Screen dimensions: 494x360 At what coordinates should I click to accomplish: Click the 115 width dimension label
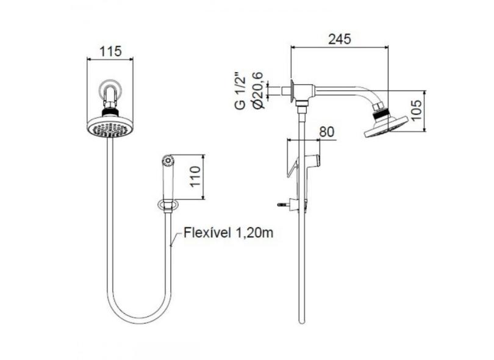click(x=110, y=51)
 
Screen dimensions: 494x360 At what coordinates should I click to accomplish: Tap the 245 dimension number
click(x=339, y=39)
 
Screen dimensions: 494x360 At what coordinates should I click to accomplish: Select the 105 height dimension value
click(x=416, y=110)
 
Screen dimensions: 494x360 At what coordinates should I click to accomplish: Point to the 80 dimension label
click(x=326, y=132)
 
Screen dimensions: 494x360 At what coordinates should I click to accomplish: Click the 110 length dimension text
click(x=195, y=176)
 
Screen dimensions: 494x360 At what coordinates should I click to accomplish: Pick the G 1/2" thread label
click(x=240, y=92)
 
